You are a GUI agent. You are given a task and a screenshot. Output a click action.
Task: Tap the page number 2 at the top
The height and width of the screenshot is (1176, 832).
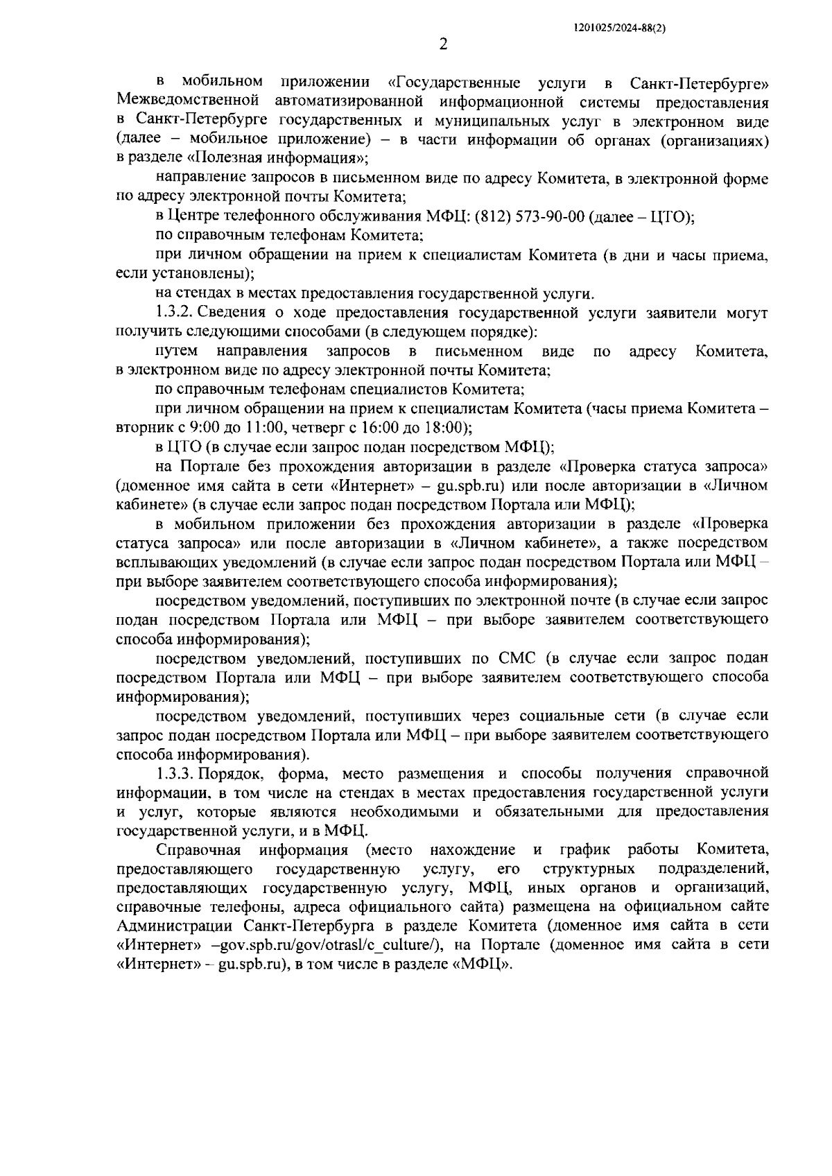coord(443,44)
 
